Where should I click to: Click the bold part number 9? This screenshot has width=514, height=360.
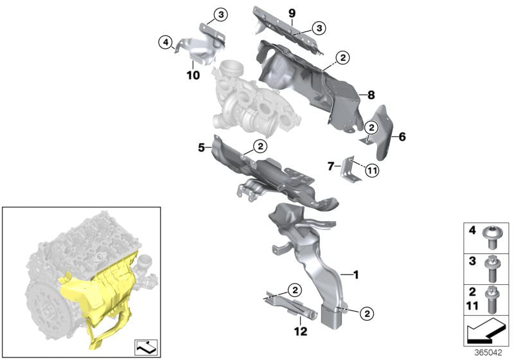292,14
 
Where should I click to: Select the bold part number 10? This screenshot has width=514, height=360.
193,75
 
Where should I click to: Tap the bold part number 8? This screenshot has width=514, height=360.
371,95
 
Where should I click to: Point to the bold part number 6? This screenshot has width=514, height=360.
402,136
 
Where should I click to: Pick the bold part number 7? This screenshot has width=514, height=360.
331,166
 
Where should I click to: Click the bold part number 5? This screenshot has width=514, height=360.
202,148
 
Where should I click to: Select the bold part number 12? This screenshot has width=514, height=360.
301,331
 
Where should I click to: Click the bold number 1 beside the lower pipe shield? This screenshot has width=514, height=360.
356,274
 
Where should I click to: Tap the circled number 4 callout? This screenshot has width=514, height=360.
166,42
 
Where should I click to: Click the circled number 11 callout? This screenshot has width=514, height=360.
373,170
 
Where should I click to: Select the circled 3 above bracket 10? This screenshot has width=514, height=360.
220,15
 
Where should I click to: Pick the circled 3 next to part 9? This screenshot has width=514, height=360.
319,28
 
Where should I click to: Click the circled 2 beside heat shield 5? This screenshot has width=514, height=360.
260,146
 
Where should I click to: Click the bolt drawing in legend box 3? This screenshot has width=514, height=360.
491,269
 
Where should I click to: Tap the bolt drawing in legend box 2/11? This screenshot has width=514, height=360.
491,300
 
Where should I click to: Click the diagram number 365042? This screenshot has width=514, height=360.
488,353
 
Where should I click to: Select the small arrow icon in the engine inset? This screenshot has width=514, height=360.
146,348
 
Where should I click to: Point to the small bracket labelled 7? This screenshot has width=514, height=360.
351,168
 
